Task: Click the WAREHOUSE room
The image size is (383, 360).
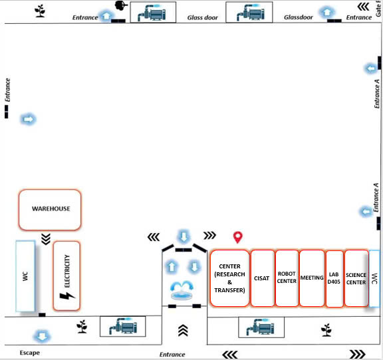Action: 50,210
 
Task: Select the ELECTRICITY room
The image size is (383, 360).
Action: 66,276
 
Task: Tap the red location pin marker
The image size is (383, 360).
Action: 237,237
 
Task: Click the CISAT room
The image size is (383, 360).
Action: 263,278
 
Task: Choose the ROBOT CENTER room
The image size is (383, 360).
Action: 287,278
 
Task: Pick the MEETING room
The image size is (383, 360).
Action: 312,278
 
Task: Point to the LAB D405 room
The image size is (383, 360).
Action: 334,278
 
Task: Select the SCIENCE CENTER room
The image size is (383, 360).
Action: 356,278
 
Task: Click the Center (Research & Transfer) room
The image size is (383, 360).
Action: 229,278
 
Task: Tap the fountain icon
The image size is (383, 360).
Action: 182,290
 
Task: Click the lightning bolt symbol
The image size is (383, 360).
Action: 66,296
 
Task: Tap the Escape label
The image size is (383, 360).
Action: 29,353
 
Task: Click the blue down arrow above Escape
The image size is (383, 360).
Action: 42,336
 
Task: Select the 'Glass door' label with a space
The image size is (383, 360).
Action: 203,17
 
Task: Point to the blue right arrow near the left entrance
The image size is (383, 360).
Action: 29,120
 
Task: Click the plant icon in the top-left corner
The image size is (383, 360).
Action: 40,11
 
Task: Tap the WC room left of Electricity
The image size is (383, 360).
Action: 25,276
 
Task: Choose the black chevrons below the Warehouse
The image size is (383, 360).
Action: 46,239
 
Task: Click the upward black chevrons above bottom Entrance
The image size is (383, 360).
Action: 183,331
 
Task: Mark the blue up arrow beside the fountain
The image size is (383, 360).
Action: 172,266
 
